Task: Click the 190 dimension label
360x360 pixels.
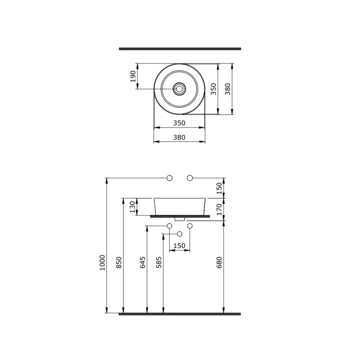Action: [133, 76]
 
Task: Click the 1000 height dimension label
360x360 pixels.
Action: [102, 262]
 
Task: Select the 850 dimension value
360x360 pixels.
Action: [119, 262]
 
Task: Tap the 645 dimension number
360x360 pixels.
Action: [143, 262]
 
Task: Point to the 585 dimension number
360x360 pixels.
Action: [159, 262]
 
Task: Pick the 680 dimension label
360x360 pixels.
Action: [219, 262]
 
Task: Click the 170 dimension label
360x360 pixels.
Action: [219, 209]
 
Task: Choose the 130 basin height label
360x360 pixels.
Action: [133, 207]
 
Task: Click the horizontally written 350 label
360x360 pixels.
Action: [179, 123]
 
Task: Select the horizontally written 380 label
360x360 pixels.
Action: [179, 137]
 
